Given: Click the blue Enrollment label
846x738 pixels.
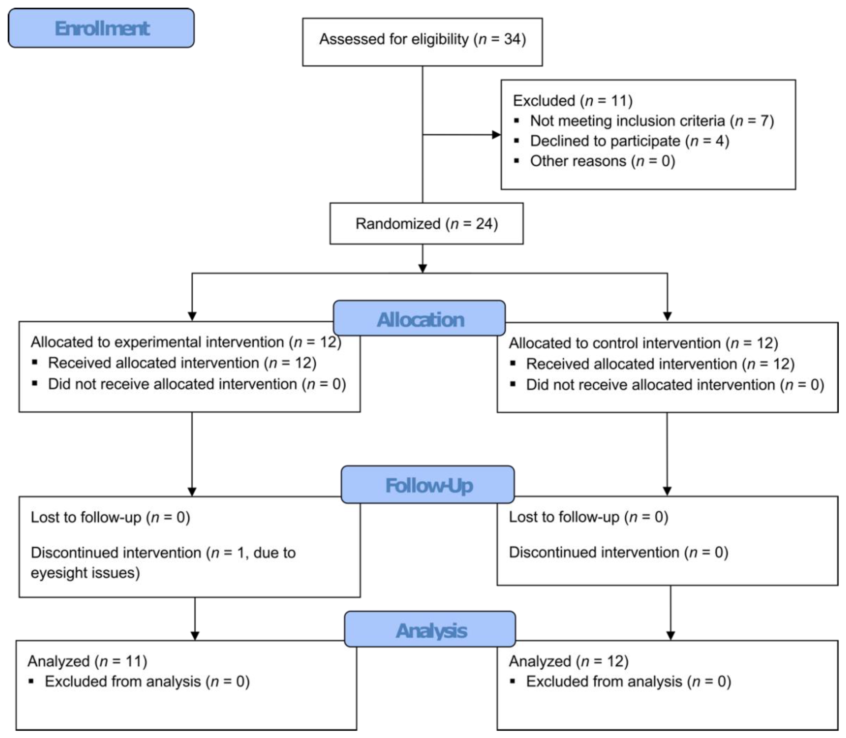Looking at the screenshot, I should click(x=101, y=28).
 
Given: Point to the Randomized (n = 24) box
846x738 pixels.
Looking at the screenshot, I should click(x=426, y=224).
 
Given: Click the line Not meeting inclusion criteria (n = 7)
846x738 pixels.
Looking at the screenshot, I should click(x=652, y=121).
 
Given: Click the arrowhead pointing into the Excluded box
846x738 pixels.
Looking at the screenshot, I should click(x=496, y=134).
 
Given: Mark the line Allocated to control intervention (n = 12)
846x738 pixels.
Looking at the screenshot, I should click(x=643, y=343).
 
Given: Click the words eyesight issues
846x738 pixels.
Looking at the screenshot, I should click(x=85, y=573).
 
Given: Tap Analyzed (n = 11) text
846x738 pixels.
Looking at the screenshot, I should click(x=87, y=661).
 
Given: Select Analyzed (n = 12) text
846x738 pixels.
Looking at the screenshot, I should click(x=568, y=661).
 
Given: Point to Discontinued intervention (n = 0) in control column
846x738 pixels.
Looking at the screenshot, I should click(x=618, y=552).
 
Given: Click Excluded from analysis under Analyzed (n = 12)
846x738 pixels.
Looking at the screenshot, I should click(x=628, y=682).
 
